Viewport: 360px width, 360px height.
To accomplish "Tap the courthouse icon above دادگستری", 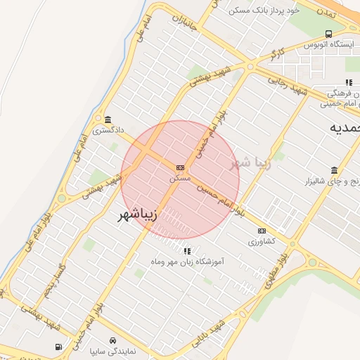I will click(108, 120).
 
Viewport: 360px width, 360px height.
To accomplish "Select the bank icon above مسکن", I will click(181, 167).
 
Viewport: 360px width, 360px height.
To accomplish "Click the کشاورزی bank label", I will click(262, 241).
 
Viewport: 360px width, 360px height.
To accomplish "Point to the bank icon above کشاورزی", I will click(262, 231).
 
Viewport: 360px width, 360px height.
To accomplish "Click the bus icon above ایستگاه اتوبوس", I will click(329, 33).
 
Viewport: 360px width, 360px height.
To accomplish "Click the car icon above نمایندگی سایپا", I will click(113, 339).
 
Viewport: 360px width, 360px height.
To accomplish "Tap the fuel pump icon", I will click(58, 347).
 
